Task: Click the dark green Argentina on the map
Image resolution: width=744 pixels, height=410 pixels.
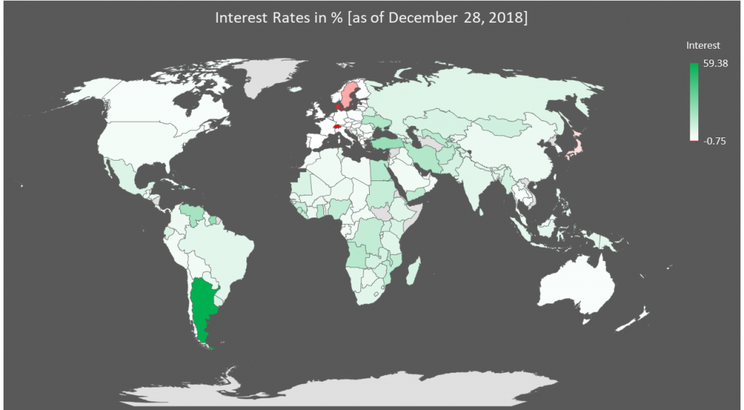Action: pos(203,305)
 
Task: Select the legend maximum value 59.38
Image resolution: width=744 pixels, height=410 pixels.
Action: pos(716,64)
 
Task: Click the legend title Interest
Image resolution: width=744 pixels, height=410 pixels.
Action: pos(703,46)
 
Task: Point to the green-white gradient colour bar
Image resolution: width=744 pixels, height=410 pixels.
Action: pos(693,102)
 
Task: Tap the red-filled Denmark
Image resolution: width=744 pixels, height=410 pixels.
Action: pos(339,106)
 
